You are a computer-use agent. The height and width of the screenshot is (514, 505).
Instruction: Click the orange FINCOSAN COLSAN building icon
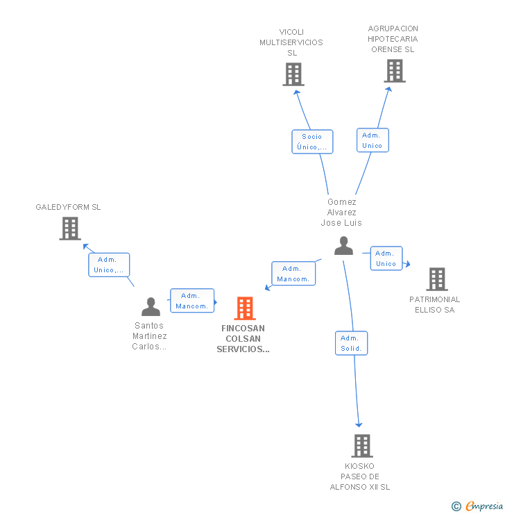pyautogui.click(x=244, y=308)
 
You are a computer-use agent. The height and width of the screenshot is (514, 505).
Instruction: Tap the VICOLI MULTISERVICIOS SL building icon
pyautogui.click(x=293, y=74)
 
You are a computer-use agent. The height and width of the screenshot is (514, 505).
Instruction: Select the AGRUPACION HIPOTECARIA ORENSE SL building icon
pyautogui.click(x=395, y=71)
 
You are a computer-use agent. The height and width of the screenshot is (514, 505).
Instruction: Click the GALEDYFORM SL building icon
pyautogui.click(x=70, y=229)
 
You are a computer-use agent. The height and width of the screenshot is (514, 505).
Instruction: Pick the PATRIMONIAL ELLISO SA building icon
pyautogui.click(x=437, y=279)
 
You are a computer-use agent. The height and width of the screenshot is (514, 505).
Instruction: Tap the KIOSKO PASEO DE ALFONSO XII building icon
pyautogui.click(x=362, y=446)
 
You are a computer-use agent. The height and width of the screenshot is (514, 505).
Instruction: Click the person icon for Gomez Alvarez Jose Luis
pyautogui.click(x=343, y=245)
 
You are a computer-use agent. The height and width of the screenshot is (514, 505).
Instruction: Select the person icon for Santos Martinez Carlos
pyautogui.click(x=151, y=306)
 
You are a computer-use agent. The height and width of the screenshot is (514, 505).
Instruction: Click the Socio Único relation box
pyautogui.click(x=312, y=142)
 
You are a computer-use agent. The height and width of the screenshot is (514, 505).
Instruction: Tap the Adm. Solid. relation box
pyautogui.click(x=351, y=343)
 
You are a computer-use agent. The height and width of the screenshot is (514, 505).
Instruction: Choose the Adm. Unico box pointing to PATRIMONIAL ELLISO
pyautogui.click(x=386, y=258)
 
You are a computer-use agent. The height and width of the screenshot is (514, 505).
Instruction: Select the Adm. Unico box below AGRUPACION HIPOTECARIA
pyautogui.click(x=373, y=140)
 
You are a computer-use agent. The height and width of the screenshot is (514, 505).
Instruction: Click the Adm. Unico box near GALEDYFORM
pyautogui.click(x=109, y=265)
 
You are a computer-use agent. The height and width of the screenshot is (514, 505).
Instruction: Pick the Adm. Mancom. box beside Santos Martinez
pyautogui.click(x=192, y=301)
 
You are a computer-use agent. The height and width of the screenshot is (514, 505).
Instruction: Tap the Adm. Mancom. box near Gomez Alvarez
pyautogui.click(x=293, y=274)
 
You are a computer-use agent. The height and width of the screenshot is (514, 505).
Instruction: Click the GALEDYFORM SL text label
pyautogui.click(x=68, y=207)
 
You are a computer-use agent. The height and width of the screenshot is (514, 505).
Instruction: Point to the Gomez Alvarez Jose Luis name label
pyautogui.click(x=341, y=213)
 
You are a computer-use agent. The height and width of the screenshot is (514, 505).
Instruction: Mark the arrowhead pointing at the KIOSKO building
pyautogui.click(x=359, y=425)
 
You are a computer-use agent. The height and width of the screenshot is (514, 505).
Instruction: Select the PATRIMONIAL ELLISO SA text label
pyautogui.click(x=435, y=304)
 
